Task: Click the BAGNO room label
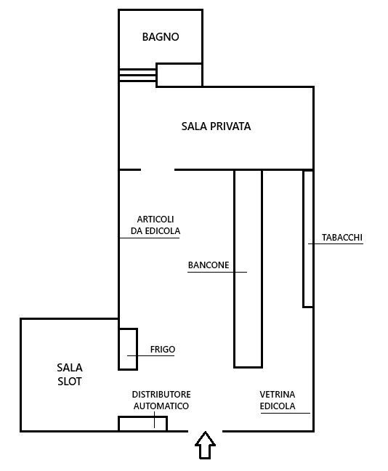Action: coord(161,37)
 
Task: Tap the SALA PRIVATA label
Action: coord(216,126)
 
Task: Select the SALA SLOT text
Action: coord(70,374)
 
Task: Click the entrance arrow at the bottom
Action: coord(206,444)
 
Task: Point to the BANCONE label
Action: coord(209,265)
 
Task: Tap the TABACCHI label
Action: coord(341,238)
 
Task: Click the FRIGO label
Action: coord(163,350)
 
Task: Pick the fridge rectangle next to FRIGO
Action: coord(128,349)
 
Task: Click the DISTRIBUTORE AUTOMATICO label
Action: coord(161,400)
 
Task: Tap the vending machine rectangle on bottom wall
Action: coord(142,424)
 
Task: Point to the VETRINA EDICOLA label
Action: coord(278,400)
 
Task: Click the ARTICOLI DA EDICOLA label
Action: coord(155,225)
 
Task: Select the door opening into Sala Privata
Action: coord(158,169)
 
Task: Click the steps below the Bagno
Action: coord(137,76)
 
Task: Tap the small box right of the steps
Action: coord(179,75)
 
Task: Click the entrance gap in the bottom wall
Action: coord(206,431)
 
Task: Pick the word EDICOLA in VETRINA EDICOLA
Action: coord(278,406)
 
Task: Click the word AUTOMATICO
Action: coord(161,406)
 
